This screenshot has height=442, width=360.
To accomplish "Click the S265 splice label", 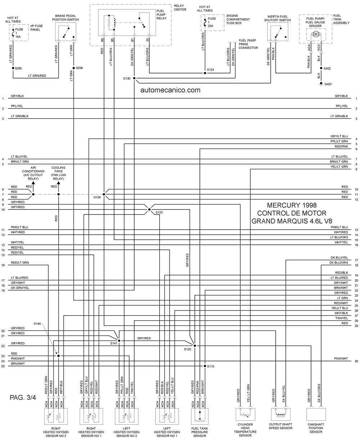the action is tap(18, 68).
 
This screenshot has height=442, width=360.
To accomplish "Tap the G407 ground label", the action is tap(328, 84).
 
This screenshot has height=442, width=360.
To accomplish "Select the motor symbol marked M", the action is tap(316, 34).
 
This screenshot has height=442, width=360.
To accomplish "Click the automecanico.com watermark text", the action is tap(170, 90).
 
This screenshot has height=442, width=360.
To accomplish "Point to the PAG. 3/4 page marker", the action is tap(23, 397).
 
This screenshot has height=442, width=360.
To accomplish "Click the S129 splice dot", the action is tap(104, 194).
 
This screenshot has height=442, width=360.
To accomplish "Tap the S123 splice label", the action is tap(159, 212).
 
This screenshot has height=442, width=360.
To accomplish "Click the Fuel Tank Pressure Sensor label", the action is tap(199, 432).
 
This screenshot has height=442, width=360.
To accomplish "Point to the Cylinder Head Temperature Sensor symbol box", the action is tap(245, 414).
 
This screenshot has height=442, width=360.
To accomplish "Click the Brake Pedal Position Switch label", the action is tap(66, 18).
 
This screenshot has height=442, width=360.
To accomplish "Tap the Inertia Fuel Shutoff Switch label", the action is tap(278, 18).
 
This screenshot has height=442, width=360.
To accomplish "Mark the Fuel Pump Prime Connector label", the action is tap(248, 44).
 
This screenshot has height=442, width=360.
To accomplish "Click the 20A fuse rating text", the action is tap(210, 26).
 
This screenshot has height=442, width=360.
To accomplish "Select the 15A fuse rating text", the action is tap(18, 37).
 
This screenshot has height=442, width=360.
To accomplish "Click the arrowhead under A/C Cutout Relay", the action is tap(33, 183).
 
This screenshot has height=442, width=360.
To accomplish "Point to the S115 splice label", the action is tap(210, 366).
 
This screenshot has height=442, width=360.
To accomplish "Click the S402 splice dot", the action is tap(321, 68).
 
